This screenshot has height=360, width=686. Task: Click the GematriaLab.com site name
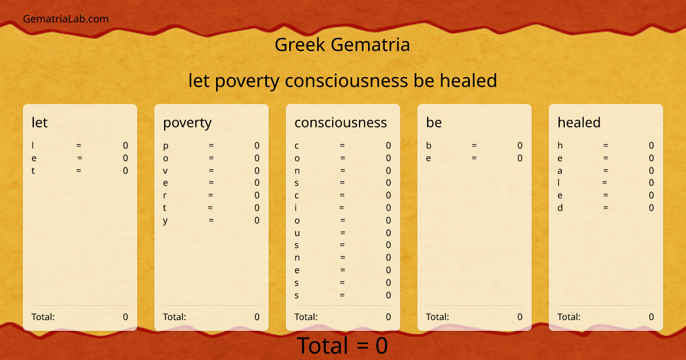(x=66, y=19)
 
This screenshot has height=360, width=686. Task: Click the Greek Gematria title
(x=342, y=45)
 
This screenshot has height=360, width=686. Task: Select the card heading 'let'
(x=39, y=122)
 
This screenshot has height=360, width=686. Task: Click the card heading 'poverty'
(x=187, y=122)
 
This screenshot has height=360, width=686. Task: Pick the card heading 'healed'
(x=579, y=122)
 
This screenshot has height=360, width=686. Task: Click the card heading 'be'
(x=433, y=122)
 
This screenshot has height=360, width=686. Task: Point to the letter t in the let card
(x=33, y=170)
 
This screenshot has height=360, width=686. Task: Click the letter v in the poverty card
(x=165, y=170)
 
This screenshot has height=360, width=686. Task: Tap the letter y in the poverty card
(x=165, y=221)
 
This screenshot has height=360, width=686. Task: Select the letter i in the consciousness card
(x=296, y=208)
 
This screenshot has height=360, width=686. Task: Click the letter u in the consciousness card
(x=297, y=233)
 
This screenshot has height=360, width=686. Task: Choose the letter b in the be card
(x=429, y=146)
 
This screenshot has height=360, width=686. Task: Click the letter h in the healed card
(x=560, y=146)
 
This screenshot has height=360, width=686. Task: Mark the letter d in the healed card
(x=560, y=208)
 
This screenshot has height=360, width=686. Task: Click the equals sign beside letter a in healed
(x=605, y=170)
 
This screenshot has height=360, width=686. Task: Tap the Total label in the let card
(x=43, y=317)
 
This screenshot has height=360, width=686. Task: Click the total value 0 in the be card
(x=520, y=317)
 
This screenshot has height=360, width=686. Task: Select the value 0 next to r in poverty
(x=257, y=195)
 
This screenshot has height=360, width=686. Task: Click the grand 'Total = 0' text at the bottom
(x=342, y=346)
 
